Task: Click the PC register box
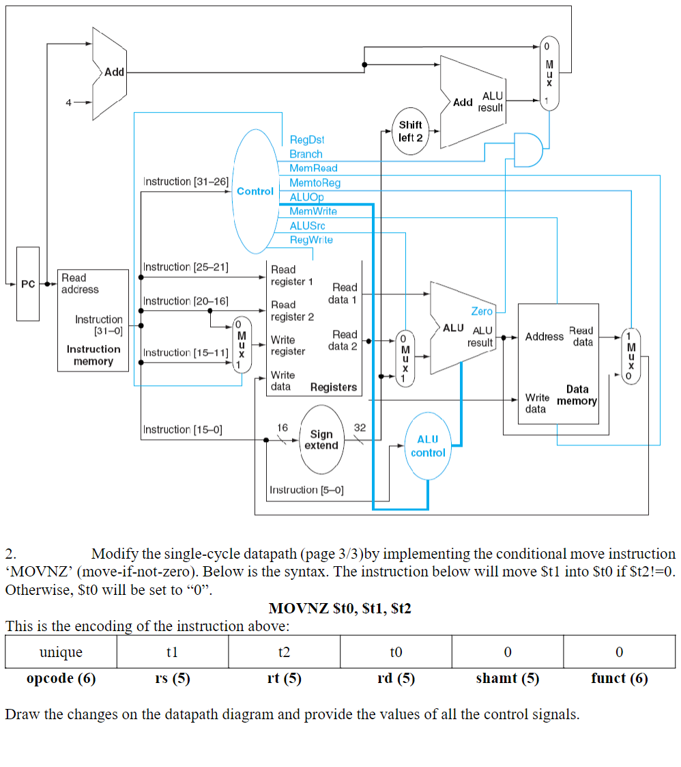pyautogui.click(x=28, y=283)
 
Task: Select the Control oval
pyautogui.click(x=255, y=192)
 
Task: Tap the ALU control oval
pyautogui.click(x=428, y=446)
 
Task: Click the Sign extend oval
pyautogui.click(x=321, y=440)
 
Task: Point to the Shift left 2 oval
pyautogui.click(x=410, y=131)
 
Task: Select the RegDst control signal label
pyautogui.click(x=307, y=139)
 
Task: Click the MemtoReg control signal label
pyautogui.click(x=315, y=182)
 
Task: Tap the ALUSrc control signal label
pyautogui.click(x=308, y=225)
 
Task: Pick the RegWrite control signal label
pyautogui.click(x=311, y=240)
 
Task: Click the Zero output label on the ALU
pyautogui.click(x=482, y=311)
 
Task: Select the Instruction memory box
pyautogui.click(x=93, y=320)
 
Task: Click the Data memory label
pyautogui.click(x=577, y=395)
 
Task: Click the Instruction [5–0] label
pyautogui.click(x=306, y=490)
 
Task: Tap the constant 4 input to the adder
pyautogui.click(x=68, y=102)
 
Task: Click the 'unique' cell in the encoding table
pyautogui.click(x=61, y=652)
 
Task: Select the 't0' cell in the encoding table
pyautogui.click(x=396, y=652)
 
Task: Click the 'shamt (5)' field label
pyautogui.click(x=507, y=678)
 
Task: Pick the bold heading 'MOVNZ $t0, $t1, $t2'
pyautogui.click(x=340, y=608)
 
